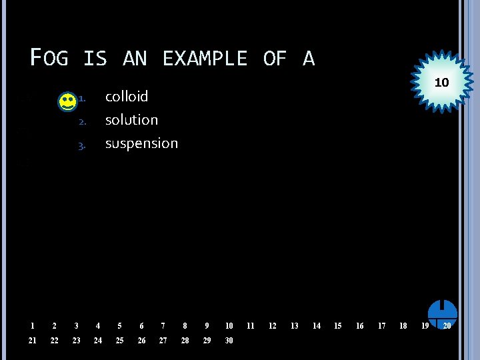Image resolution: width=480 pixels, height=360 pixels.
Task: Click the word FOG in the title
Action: point(49,59)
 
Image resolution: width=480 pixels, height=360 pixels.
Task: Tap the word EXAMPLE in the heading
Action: point(205,59)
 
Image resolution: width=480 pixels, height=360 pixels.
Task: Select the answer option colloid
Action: point(127,97)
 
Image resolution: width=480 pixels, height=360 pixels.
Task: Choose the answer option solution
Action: point(131,120)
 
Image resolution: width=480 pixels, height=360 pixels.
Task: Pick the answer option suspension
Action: point(141,143)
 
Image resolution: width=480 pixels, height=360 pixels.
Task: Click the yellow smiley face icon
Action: point(67,102)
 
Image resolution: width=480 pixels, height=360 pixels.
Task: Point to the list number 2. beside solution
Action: point(82,122)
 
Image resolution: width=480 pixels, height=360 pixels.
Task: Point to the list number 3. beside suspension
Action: point(82,145)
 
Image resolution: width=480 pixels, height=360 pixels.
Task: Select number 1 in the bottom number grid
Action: point(32,326)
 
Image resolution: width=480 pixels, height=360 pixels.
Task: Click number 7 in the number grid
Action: point(163,326)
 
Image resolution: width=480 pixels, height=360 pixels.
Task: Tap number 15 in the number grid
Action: point(337,326)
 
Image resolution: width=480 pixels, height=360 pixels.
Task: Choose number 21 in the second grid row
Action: point(32,341)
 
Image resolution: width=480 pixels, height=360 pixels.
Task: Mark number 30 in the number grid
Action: point(229,341)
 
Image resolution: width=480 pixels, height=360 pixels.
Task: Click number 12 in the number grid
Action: point(272,326)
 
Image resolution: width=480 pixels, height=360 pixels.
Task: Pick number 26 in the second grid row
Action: point(141,341)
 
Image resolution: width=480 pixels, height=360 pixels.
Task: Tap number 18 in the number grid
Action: point(403,326)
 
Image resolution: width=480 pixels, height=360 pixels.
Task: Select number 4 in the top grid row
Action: point(98,326)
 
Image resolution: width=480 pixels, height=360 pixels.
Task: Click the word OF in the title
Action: point(274,59)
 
